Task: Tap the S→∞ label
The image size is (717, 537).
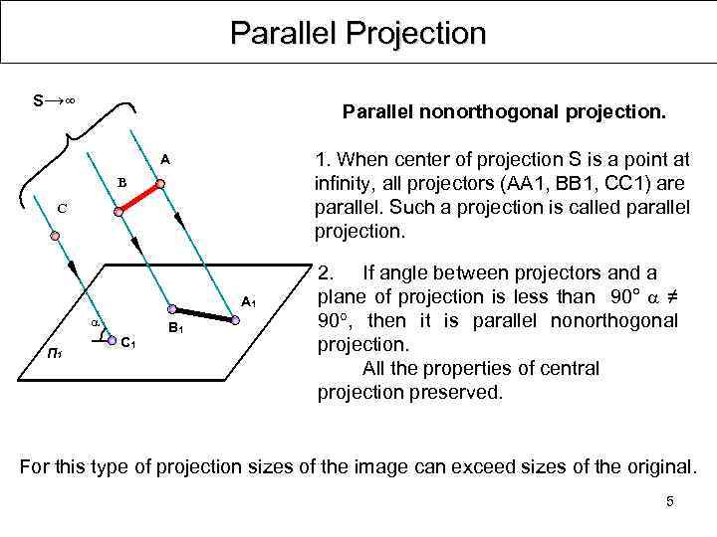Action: click(56, 101)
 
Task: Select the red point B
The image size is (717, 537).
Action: click(119, 211)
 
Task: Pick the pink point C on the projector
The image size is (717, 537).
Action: click(56, 236)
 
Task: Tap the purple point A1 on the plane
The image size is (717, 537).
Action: click(235, 320)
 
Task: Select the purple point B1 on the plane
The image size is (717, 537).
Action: click(171, 308)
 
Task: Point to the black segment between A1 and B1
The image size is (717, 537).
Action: click(203, 314)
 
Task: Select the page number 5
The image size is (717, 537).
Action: click(669, 501)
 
